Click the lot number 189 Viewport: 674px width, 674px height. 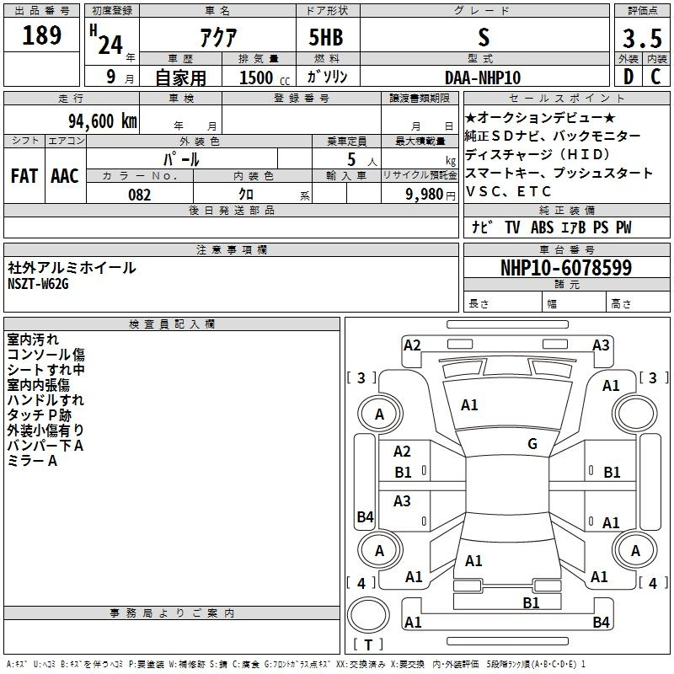coord(41,35)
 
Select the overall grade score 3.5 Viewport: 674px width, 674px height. coord(642,39)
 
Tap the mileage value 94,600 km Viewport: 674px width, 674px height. coord(102,121)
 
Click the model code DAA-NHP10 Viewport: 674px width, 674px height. coord(483,78)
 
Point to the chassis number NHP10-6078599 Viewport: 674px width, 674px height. coord(566,268)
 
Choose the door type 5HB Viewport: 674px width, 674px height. coord(326,37)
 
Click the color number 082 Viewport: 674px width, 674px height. coord(140,195)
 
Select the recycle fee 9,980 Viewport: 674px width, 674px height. coord(425,194)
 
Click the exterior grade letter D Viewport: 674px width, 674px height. coord(629,77)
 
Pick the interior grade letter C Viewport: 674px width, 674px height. coord(656,77)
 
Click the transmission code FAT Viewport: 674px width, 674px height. coord(24,176)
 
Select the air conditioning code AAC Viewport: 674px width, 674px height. coord(65,176)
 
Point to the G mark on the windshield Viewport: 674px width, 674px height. coord(532,443)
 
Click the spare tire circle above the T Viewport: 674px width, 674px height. coord(368,615)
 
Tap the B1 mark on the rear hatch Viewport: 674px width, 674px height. coord(531,603)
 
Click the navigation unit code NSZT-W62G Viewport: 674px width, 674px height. coord(38,284)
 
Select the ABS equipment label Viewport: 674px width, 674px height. coord(542,227)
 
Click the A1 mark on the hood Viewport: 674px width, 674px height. coord(469,405)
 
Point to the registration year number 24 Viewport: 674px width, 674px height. coord(110,45)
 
